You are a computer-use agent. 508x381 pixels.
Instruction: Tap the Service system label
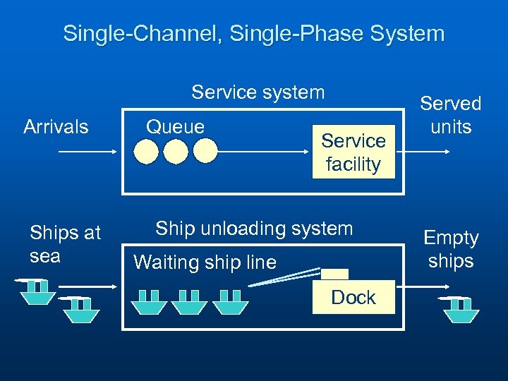click(x=258, y=92)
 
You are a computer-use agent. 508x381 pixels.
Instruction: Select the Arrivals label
click(x=56, y=127)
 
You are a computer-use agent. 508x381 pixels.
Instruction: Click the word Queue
click(x=175, y=127)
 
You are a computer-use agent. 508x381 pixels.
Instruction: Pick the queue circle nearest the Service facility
click(x=205, y=151)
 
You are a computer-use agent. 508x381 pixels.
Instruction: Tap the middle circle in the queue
click(x=176, y=151)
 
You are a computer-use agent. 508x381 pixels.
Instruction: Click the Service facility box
click(x=353, y=152)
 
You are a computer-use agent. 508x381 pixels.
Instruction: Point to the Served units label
click(x=450, y=115)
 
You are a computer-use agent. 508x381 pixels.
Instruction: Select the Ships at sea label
click(x=65, y=243)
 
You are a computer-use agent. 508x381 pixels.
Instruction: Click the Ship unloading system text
click(x=254, y=229)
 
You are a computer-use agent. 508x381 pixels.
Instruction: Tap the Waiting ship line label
click(x=205, y=262)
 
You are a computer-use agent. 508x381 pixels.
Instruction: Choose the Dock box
click(x=353, y=297)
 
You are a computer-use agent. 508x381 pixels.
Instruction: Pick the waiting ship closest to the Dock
click(x=231, y=301)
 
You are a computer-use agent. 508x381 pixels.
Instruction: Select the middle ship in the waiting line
click(x=190, y=301)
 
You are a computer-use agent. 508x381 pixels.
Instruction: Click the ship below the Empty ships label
click(x=460, y=308)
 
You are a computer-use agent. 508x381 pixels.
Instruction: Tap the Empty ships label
click(x=450, y=250)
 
